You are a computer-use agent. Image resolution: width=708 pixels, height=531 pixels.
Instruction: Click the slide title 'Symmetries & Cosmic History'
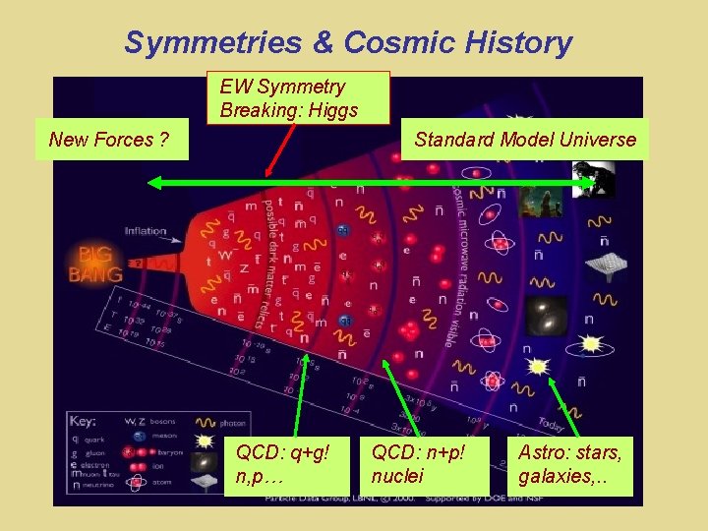tap(348, 42)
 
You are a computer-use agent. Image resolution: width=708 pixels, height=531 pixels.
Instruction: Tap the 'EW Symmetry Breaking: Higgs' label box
tap(304, 98)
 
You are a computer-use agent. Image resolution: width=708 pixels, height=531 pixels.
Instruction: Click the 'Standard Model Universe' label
tap(525, 140)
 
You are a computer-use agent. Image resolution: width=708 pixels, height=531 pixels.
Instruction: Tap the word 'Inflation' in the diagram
tap(146, 231)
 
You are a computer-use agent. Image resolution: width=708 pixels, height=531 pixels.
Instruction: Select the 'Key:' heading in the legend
tap(84, 422)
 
